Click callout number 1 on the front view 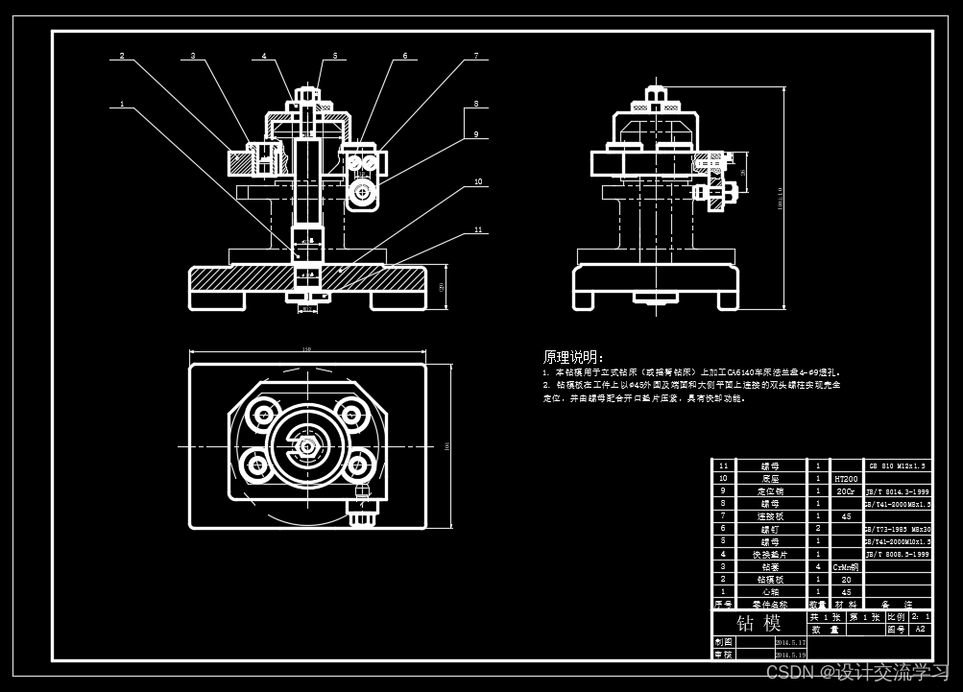tap(122, 104)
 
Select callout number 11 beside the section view tap(477, 230)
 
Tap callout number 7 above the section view tap(475, 57)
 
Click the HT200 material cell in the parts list tap(845, 478)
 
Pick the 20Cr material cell tap(845, 490)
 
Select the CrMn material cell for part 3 tap(845, 566)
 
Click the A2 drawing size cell tap(920, 630)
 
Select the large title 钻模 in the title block tap(758, 623)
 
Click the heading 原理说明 tap(573, 357)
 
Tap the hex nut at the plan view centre tap(306, 446)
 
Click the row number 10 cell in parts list tap(724, 478)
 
